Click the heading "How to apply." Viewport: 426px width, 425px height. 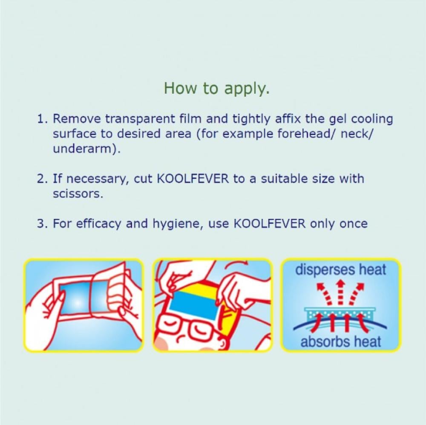217,88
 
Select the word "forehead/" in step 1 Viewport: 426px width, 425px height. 307,134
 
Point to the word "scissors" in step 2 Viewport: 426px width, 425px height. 77,194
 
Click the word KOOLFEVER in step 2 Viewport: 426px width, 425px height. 193,179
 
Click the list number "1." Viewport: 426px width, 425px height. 42,119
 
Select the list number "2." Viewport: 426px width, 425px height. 42,179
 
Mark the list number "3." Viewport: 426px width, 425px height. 42,224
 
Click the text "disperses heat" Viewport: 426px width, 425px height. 341,270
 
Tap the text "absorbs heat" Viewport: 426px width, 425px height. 341,342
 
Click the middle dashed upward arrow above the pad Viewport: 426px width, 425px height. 340,293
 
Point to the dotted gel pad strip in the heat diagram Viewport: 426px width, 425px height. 340,314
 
